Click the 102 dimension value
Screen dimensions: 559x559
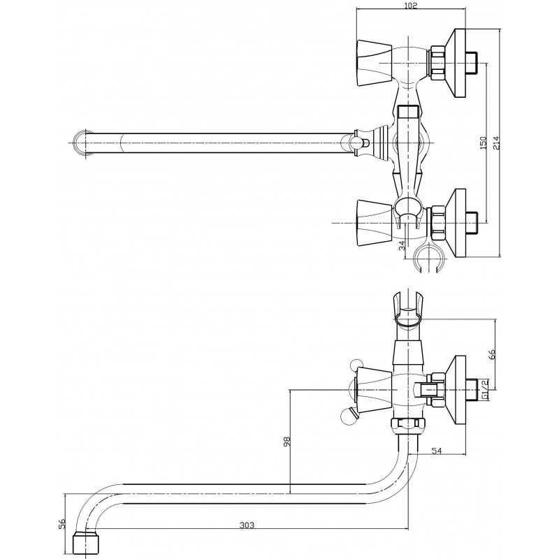[411, 6]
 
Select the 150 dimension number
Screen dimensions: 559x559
[484, 143]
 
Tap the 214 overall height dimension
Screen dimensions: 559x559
[496, 143]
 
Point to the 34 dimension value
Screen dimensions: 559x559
[402, 245]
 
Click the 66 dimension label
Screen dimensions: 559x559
[493, 355]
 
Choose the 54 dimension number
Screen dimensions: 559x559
[437, 451]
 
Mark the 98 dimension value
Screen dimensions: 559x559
[287, 442]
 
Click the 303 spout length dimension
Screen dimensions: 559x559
[247, 525]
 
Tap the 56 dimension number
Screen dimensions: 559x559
[62, 523]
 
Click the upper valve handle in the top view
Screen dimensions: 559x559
[374, 63]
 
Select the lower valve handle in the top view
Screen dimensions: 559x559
[374, 223]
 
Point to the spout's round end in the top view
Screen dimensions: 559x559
[82, 143]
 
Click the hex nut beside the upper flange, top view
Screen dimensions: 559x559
[438, 63]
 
